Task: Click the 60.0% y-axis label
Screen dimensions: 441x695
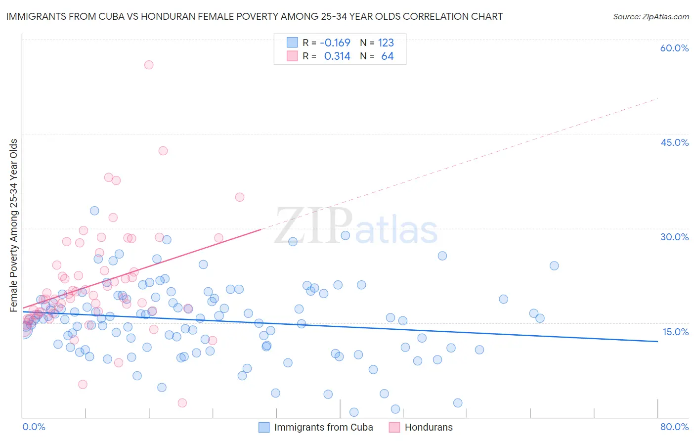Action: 674,48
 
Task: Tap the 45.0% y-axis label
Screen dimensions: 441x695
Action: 674,142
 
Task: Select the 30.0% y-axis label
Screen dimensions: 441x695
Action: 674,237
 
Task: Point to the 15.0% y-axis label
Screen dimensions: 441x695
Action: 675,332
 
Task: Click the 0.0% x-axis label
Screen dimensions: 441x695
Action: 34,427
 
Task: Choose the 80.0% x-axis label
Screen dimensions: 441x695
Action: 674,427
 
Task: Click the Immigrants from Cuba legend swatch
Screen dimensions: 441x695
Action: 264,427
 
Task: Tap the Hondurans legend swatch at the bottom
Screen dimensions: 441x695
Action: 394,427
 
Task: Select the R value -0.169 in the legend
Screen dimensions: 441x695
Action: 335,43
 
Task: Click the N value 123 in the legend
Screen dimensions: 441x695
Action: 386,43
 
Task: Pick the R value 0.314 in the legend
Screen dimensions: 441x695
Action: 337,56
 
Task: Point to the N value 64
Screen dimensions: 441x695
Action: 388,56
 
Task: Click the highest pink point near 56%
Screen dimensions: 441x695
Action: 149,65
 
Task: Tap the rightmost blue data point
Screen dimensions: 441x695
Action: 554,265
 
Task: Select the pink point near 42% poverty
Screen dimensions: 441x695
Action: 163,151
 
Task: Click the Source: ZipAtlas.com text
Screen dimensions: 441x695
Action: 651,16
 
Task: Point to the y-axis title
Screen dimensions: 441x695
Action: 13,225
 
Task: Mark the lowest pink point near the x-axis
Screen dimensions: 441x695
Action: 182,403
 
